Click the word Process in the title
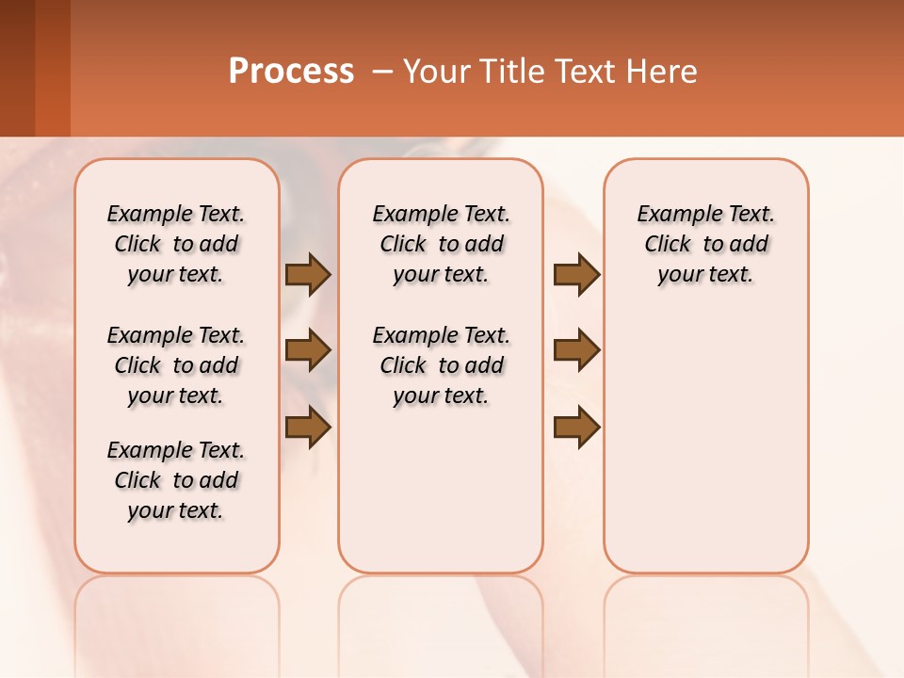point(291,72)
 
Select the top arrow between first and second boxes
point(308,274)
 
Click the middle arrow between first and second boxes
point(308,350)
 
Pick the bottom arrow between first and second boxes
point(308,428)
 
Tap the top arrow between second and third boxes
point(576,274)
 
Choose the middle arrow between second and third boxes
point(576,350)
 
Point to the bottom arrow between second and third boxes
point(576,428)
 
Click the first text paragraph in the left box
point(176,244)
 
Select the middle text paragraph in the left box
point(176,365)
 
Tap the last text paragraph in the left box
point(176,480)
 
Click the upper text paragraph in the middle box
point(441,244)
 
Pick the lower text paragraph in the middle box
point(441,365)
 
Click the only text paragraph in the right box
point(705,244)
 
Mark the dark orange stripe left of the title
point(53,68)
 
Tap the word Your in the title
point(432,72)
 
